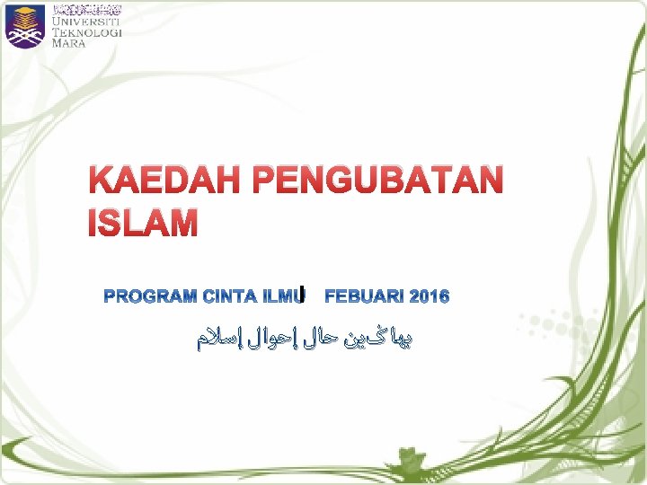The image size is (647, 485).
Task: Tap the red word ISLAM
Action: [143, 222]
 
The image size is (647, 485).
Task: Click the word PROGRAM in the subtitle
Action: [151, 296]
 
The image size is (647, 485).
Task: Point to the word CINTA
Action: [230, 296]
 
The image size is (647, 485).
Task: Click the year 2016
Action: [428, 296]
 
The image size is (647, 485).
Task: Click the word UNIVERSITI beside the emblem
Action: [87, 22]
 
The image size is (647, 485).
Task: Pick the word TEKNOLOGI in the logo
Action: [87, 32]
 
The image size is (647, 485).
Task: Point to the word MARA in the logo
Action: [69, 43]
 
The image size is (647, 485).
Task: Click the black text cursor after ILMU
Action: [305, 292]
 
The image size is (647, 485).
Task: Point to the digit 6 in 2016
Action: [443, 296]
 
